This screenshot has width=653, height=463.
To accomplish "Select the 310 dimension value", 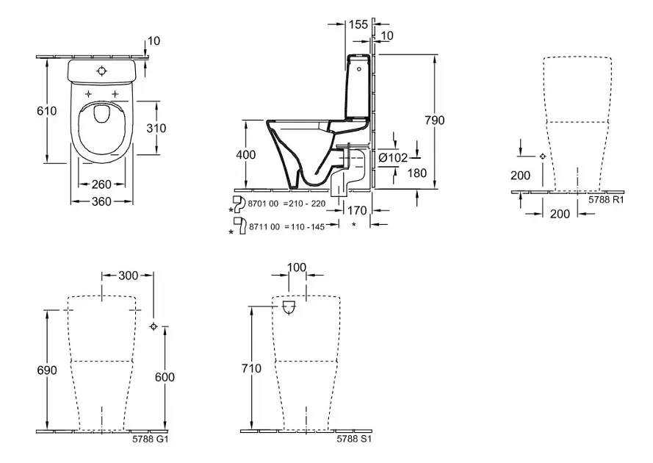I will click(x=176, y=128).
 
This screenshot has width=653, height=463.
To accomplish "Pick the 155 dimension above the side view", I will click(x=358, y=24).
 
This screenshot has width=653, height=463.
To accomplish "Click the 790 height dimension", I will click(x=435, y=120).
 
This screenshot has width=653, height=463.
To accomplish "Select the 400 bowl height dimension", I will click(x=246, y=155).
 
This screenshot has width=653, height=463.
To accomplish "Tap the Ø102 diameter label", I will click(x=394, y=157).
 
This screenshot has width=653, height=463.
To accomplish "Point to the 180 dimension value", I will click(x=397, y=173).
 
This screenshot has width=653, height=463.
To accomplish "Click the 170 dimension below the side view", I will click(x=358, y=209).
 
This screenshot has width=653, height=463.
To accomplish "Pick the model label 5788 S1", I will click(x=351, y=439).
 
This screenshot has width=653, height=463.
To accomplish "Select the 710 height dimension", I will click(x=251, y=369).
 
